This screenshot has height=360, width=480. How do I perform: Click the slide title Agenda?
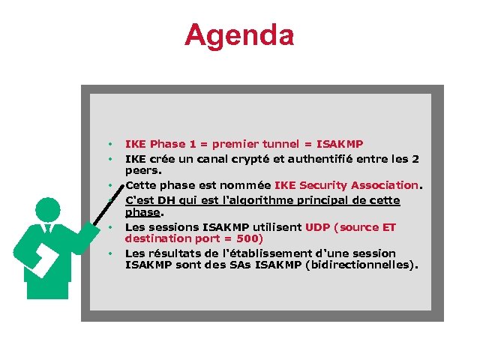point(239,35)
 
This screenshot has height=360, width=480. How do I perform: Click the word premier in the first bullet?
point(235,144)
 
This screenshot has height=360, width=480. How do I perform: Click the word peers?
point(142,170)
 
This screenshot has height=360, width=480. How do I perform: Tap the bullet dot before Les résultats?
point(109,253)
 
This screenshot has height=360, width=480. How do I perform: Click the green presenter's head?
point(48,209)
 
